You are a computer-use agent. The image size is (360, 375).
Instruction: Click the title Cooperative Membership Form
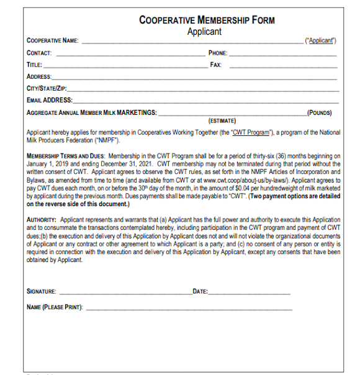[x=207, y=20]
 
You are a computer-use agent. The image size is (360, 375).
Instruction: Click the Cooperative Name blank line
[x=192, y=42]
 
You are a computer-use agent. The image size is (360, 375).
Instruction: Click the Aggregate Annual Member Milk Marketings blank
[x=233, y=114]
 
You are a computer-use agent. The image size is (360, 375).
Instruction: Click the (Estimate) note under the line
[x=222, y=120]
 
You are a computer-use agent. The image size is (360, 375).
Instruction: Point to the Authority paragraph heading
[x=42, y=220]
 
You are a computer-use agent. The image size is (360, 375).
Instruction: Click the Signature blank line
[x=125, y=292]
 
